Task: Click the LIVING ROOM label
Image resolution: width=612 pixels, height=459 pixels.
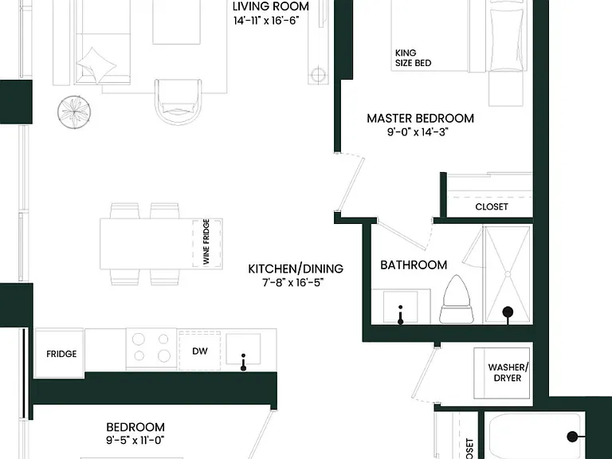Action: pos(270,6)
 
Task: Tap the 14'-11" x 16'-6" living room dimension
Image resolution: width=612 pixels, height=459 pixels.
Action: pos(267,21)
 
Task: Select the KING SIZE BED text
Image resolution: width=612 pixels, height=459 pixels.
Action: pos(413,57)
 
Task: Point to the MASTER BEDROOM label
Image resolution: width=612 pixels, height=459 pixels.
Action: pos(421,118)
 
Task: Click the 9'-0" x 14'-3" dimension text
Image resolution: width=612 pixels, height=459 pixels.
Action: pos(418,132)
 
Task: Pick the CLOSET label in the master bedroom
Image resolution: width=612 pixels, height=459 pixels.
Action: pos(492,206)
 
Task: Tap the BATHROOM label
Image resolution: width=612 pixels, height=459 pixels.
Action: pos(414,265)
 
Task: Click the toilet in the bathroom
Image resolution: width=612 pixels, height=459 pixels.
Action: pos(457,300)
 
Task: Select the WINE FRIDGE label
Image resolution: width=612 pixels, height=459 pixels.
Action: pos(206,242)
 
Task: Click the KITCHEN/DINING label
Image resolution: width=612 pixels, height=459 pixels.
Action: pos(296,269)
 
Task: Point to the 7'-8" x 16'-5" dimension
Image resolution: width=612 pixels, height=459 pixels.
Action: pos(292,283)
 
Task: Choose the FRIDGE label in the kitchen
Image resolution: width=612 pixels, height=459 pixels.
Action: pos(61,354)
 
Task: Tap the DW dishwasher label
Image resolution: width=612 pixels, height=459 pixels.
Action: pos(200,351)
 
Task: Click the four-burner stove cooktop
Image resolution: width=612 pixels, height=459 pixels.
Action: pos(151,348)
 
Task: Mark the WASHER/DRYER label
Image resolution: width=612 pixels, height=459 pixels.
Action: pos(508,373)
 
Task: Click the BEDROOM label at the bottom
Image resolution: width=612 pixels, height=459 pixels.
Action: pos(135,426)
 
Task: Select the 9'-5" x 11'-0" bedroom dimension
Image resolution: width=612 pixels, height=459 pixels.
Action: pos(135,441)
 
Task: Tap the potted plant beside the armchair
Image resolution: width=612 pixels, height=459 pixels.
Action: pos(74,112)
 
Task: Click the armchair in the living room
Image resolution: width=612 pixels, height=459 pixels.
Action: pos(178,102)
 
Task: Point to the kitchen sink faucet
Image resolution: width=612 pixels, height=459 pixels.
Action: pos(243,363)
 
